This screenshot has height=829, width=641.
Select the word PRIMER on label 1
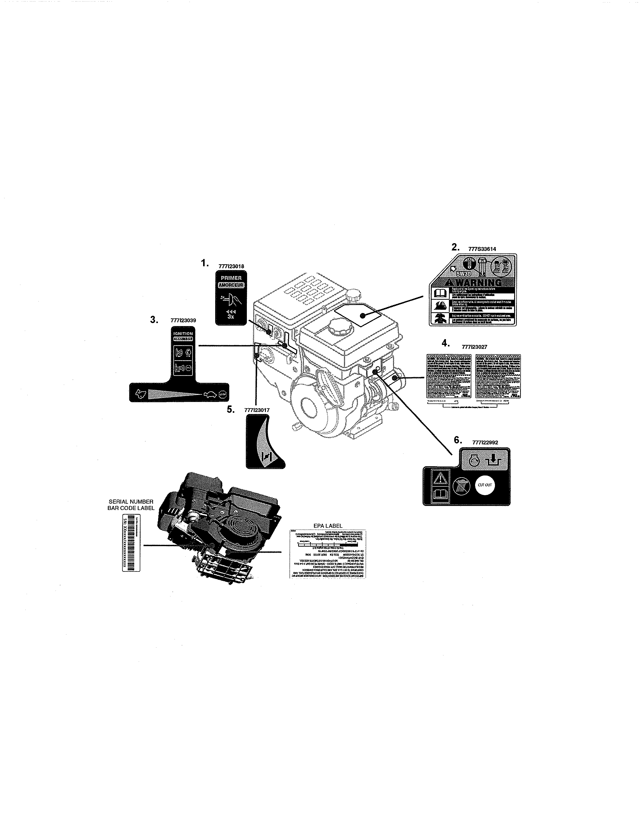[x=231, y=278]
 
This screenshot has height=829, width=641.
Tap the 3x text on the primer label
[x=231, y=318]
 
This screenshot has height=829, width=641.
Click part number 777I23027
[x=474, y=347]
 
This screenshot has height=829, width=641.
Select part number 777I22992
[x=485, y=443]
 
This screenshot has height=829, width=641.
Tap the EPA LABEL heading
[x=328, y=526]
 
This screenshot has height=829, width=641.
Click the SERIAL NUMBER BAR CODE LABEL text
[x=131, y=505]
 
